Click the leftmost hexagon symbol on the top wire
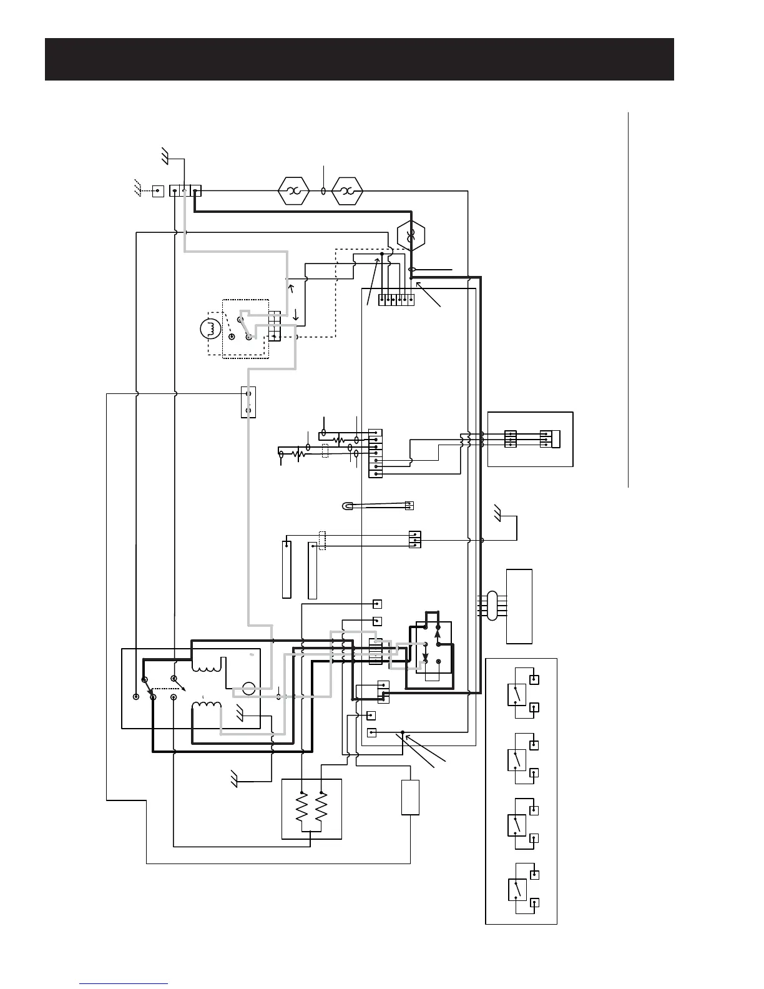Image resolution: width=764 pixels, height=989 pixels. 293,190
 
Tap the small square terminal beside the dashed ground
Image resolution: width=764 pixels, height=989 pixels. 158,190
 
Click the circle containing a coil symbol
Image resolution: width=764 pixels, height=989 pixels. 208,329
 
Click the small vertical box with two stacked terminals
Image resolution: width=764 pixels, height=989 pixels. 248,402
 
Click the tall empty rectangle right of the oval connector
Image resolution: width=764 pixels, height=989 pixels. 520,606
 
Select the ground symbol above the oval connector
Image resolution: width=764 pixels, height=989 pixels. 498,513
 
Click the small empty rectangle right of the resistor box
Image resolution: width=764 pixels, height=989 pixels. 410,797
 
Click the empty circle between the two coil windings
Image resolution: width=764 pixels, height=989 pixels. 248,690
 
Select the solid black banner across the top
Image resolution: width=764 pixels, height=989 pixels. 360,59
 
